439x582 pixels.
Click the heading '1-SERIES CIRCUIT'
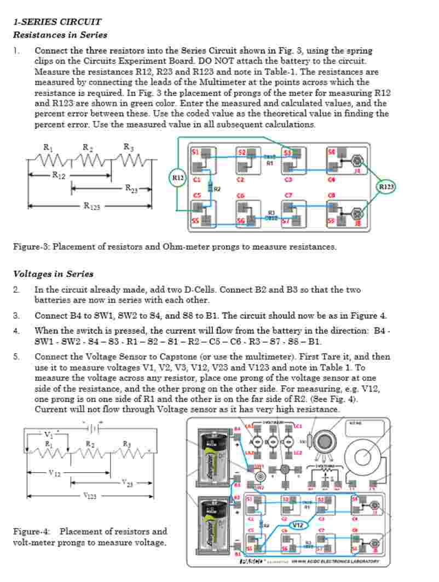[57, 22]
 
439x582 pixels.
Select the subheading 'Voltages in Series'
[53, 274]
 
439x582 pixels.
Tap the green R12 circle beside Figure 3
[178, 178]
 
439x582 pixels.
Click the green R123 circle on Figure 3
[386, 186]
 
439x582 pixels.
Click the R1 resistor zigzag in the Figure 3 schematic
[48, 160]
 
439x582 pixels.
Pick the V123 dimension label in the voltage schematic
[90, 496]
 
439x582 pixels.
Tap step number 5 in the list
[16, 357]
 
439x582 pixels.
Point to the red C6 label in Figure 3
[240, 195]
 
